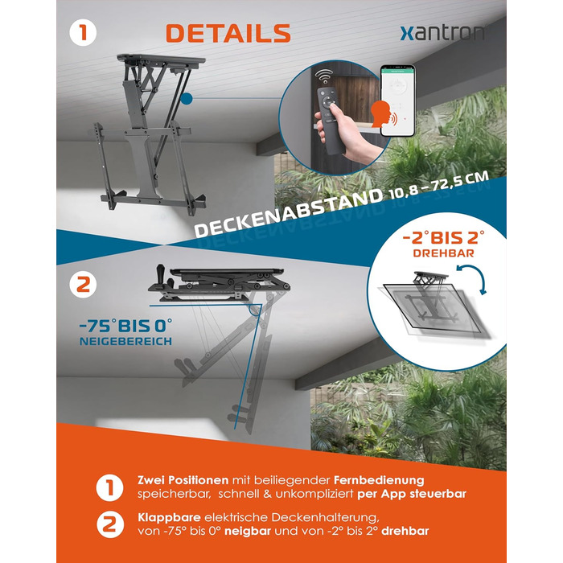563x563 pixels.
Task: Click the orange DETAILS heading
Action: (x=228, y=34)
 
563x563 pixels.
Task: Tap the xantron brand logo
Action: (x=442, y=34)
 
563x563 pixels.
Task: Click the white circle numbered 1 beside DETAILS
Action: (x=83, y=32)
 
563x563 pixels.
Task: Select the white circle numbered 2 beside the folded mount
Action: (x=83, y=285)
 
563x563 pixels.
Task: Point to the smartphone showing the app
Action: (x=398, y=101)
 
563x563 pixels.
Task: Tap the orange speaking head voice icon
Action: (x=384, y=114)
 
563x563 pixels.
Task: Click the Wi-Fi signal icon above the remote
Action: (x=324, y=77)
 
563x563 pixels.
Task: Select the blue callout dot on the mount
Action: (x=187, y=98)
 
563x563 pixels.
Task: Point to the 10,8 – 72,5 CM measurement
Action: (x=439, y=184)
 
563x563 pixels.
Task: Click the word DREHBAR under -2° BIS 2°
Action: (x=443, y=253)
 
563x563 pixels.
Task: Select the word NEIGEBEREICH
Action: (x=125, y=341)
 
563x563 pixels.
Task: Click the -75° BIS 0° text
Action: (x=125, y=326)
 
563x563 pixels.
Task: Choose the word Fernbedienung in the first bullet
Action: (x=379, y=480)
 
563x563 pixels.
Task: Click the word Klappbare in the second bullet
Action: (x=169, y=518)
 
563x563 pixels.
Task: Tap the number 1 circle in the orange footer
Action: (x=110, y=488)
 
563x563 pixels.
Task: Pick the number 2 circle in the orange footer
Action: (x=110, y=524)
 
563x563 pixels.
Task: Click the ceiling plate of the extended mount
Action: (x=161, y=60)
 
